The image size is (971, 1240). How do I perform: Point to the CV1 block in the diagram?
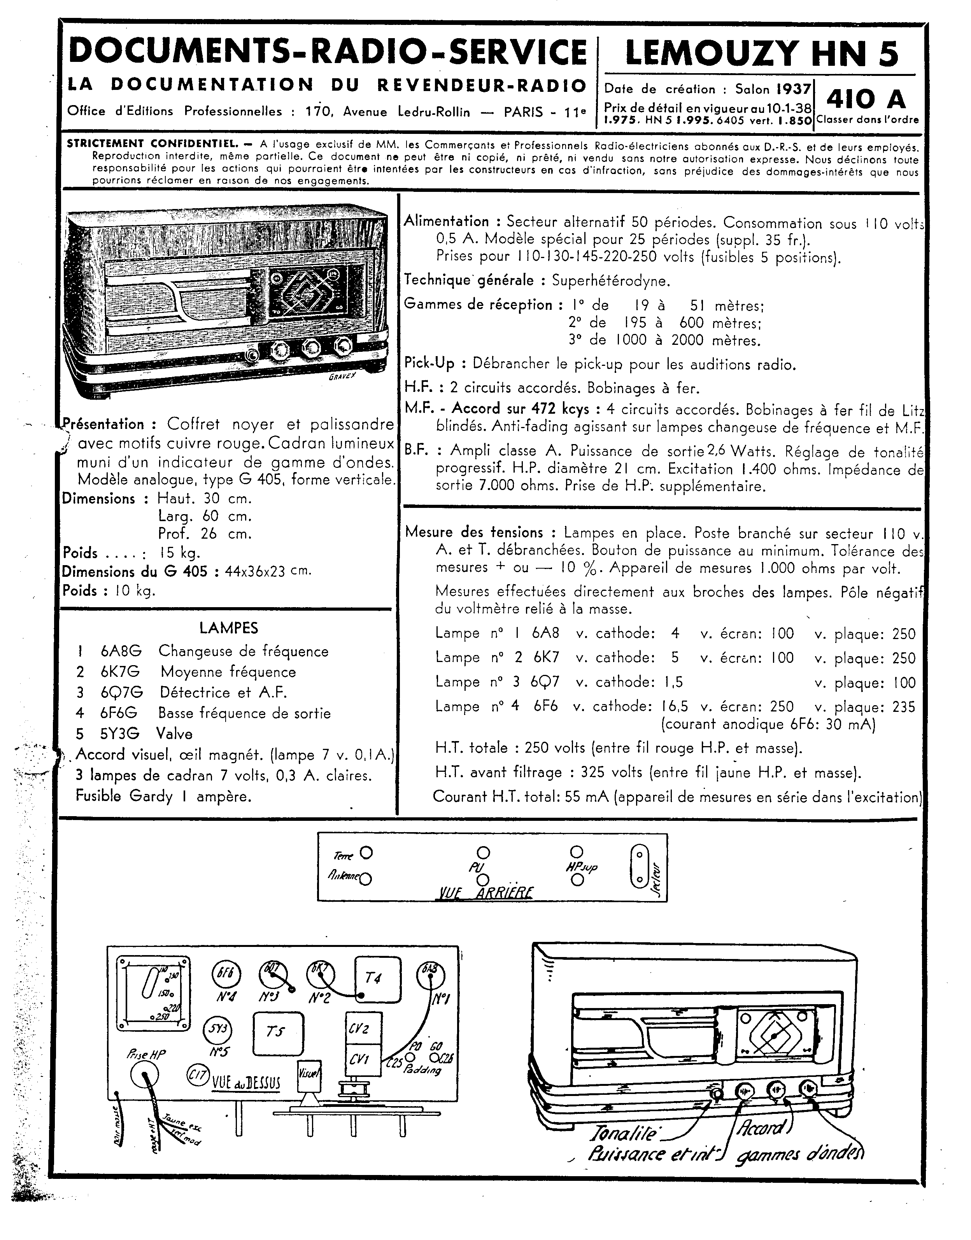pos(360,1060)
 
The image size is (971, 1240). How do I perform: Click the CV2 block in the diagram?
pos(360,1028)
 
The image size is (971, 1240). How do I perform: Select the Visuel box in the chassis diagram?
pos(309,1075)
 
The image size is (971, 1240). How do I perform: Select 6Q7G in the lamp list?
pos(122,692)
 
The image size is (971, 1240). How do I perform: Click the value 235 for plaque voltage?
pos(904,707)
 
